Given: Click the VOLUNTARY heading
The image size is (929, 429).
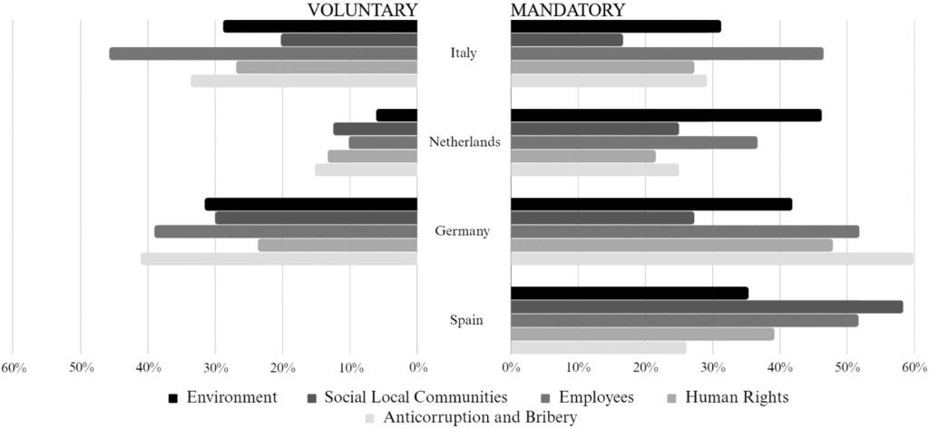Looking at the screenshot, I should coord(362,10).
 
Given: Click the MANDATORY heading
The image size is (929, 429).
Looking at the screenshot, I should coord(568,10).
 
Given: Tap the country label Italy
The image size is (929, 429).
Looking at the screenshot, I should coord(464,53).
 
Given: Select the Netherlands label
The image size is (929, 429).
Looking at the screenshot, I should coord(464,142).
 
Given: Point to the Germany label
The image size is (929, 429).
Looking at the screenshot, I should coord(463,231).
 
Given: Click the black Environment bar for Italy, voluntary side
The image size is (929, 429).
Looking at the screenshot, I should coord(319,26).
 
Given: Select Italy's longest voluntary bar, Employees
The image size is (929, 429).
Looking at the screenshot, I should coord(263,54).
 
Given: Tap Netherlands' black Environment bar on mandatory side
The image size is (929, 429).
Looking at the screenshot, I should coord(666,115).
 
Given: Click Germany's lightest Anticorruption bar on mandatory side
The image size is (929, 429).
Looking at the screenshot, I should coord(712,258).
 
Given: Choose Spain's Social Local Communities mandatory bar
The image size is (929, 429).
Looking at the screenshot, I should coord(707,307).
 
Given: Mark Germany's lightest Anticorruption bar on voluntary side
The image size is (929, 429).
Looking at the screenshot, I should coord(279,258).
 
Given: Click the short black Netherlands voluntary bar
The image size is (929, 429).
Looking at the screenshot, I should coord(396,115).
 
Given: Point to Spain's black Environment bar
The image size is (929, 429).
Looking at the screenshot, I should coord(630,293).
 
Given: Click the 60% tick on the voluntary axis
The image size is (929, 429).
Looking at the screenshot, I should coord(14,367).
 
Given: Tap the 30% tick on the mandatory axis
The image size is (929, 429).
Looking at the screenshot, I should coord(712,367).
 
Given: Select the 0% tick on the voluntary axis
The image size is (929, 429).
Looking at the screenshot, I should coord(417,367).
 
